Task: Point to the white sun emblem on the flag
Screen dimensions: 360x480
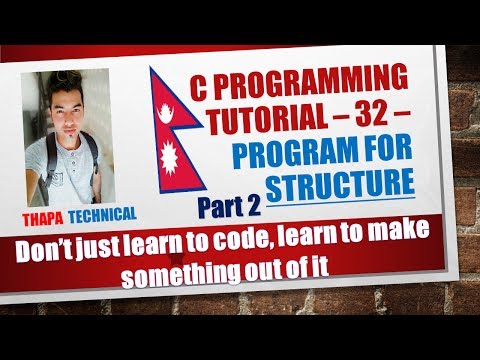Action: click(x=177, y=160)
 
